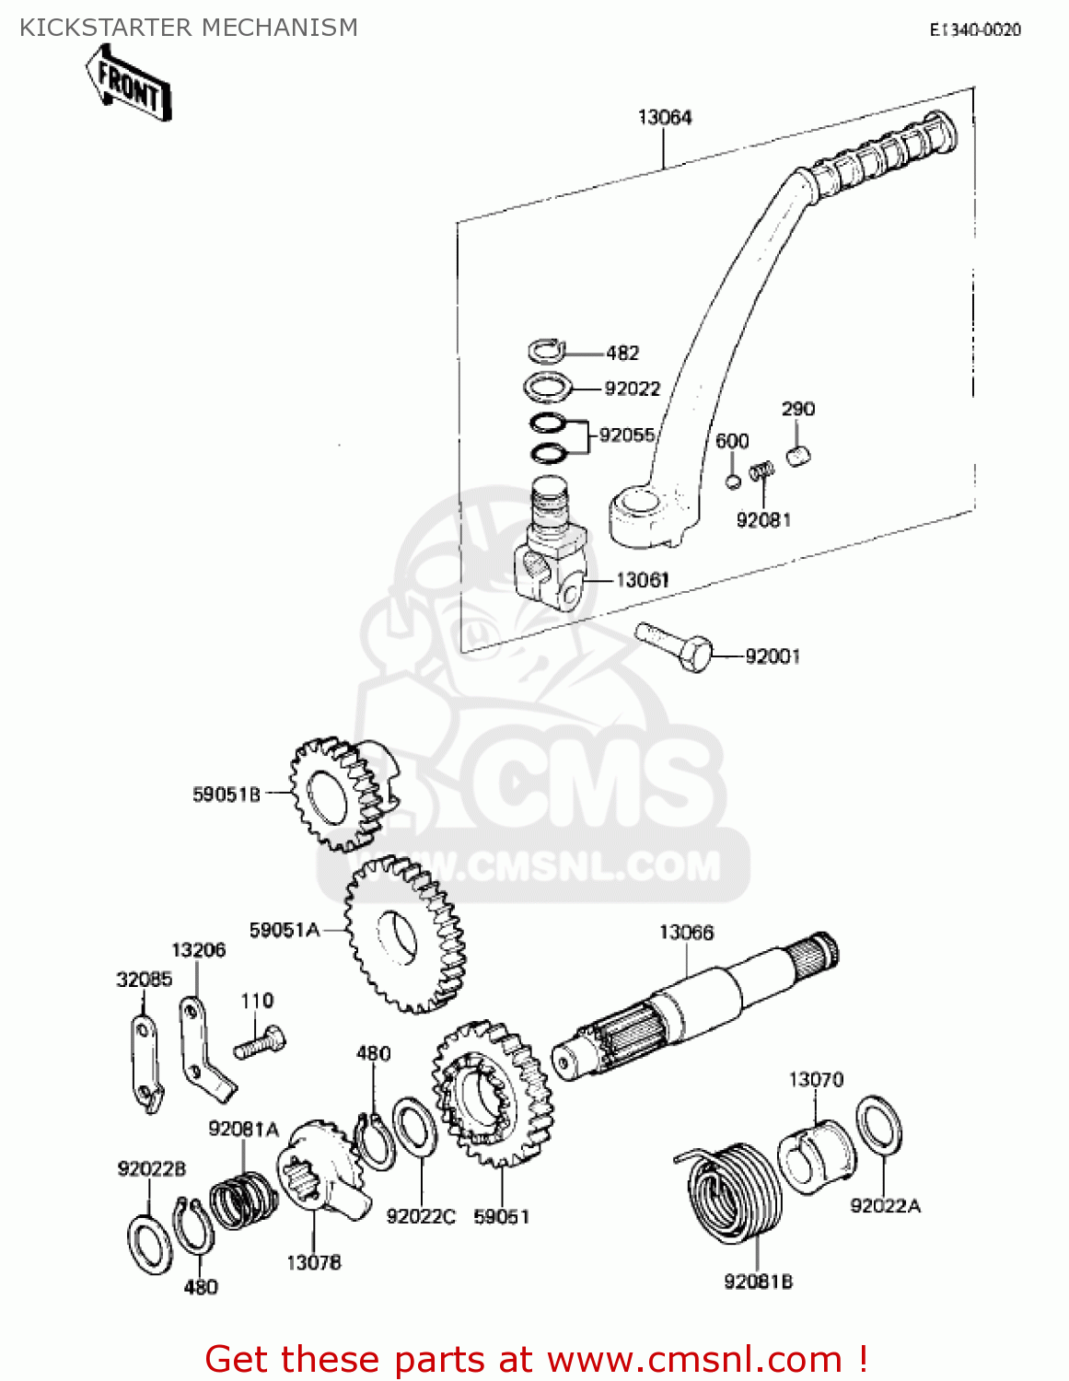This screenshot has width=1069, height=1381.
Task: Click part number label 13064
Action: click(664, 117)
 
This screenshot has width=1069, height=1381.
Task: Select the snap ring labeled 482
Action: click(545, 351)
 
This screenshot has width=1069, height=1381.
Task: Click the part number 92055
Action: click(626, 435)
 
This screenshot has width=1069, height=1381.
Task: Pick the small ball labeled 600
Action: click(733, 482)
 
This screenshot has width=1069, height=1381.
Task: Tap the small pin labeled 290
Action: click(798, 455)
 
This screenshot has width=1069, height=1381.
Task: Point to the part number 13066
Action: click(686, 933)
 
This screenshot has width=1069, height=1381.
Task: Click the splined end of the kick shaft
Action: click(816, 952)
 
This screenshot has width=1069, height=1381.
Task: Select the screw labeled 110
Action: click(261, 1044)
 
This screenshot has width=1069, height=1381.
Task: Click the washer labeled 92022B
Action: click(149, 1244)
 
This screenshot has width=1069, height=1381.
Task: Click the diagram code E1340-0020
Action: click(974, 29)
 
